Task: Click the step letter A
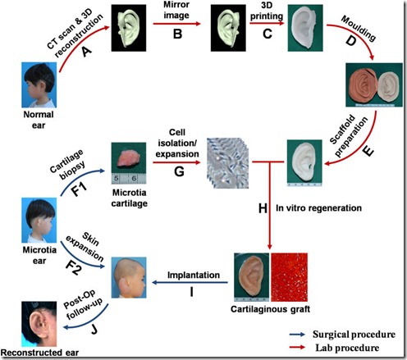[x=87, y=52]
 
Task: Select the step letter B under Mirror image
[x=177, y=34]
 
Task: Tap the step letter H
[x=263, y=208]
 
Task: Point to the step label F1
[x=80, y=189]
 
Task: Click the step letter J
[x=94, y=330]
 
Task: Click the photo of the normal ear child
[x=39, y=84]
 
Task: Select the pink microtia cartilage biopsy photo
[x=129, y=163]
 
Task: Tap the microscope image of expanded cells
[x=228, y=163]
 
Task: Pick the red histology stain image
[x=289, y=277]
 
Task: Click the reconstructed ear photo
[x=39, y=324]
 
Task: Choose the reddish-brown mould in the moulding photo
[x=362, y=84]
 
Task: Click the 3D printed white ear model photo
[x=305, y=28]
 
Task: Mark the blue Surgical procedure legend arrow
[x=297, y=335]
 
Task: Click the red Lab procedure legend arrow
[x=297, y=348]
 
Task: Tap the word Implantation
[x=194, y=275]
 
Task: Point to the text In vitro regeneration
[x=318, y=208]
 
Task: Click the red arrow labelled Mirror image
[x=177, y=24]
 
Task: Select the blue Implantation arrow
[x=190, y=282]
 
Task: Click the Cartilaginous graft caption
[x=270, y=309]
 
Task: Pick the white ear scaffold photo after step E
[x=304, y=163]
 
